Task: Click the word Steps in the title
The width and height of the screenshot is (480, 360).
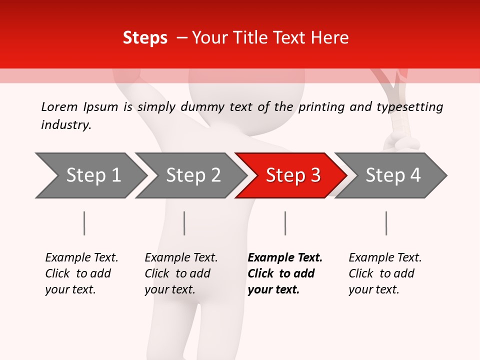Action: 145,38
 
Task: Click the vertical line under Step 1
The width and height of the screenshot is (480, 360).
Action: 84,223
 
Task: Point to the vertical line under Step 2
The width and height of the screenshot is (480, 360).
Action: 184,223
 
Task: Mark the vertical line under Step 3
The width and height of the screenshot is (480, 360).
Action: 285,223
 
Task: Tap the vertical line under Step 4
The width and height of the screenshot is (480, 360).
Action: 386,223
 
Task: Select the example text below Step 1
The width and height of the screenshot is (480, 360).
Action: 81,273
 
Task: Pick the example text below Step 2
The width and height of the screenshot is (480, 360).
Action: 181,273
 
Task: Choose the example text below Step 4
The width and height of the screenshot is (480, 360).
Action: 385,273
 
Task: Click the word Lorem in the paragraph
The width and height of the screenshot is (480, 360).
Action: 59,107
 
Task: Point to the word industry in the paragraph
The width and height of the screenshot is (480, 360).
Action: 66,125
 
